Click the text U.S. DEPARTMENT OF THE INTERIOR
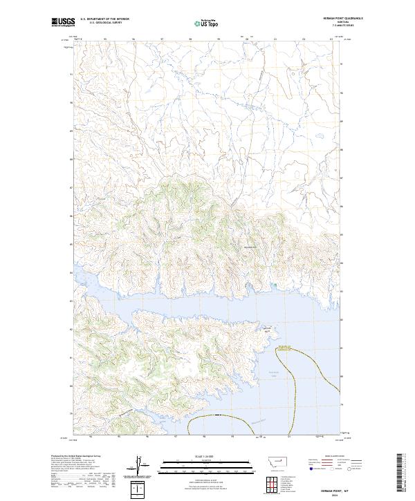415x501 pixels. point(105,20)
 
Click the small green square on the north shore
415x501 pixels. point(275,283)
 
